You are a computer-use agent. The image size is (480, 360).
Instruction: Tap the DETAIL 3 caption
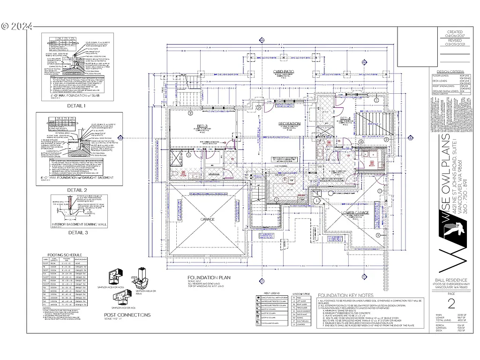coord(78,232)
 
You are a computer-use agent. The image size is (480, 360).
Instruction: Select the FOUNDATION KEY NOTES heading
coord(345,295)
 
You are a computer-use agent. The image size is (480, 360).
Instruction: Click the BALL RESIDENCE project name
coord(451,280)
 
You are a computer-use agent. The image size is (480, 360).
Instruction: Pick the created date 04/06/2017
coord(455,36)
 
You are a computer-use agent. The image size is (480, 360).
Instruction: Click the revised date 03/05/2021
coord(455,44)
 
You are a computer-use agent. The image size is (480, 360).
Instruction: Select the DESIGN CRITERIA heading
coord(448,71)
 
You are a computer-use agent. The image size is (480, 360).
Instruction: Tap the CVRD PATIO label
coord(284,72)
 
